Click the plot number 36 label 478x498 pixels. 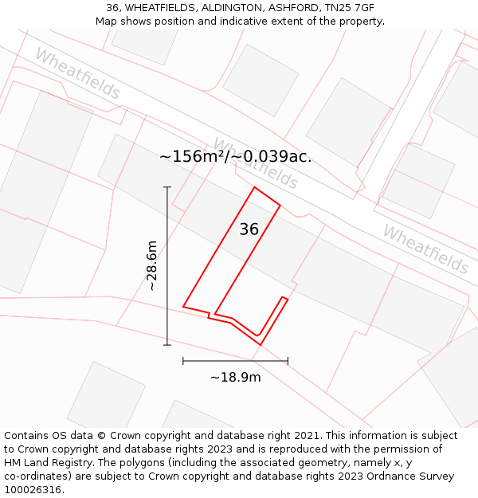pos(249,229)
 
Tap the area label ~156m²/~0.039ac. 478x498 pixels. pos(235,157)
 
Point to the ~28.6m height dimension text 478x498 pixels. pos(151,265)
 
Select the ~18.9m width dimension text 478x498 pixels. pos(235,377)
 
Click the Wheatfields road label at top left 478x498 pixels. pos(77,74)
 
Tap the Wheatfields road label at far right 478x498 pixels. pos(425,249)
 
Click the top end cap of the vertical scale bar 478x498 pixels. pos(167,187)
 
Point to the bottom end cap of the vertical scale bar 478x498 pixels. pos(167,344)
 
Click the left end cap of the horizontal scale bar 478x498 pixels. pos(183,361)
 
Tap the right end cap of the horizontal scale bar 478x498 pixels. pos(288,361)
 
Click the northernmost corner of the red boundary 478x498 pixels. pos(254,187)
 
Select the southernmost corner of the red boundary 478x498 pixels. pos(260,344)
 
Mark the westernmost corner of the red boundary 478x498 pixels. pos(183,306)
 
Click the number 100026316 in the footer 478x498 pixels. pos(33,489)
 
